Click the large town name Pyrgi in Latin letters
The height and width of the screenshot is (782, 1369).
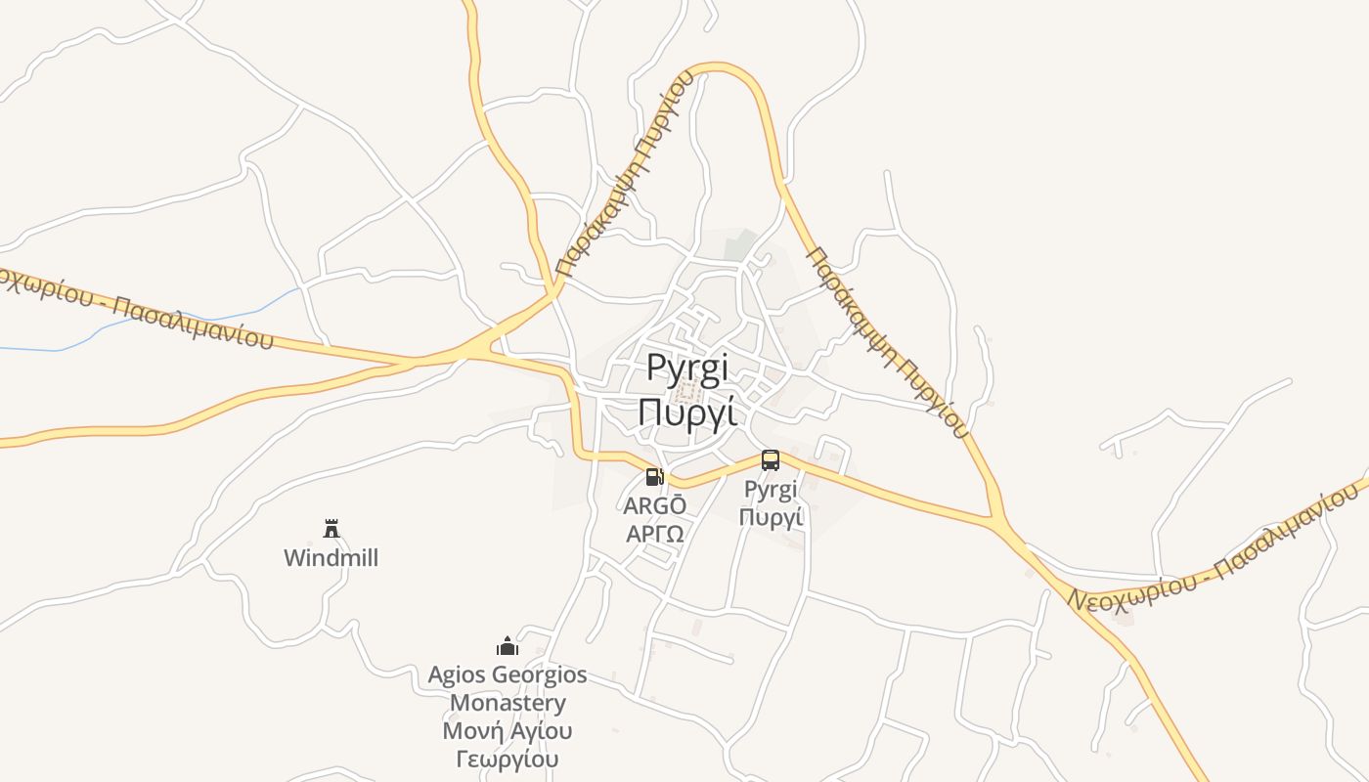coord(687,369)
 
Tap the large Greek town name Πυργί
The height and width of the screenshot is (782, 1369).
coord(686,412)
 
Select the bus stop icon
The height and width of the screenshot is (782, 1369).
coord(771,460)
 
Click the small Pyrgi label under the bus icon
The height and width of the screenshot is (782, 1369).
coord(771,489)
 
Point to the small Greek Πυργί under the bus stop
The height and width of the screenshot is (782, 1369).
coord(771,516)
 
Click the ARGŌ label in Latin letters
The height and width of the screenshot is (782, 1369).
coord(655,505)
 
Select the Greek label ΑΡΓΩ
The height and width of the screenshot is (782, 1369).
coord(655,534)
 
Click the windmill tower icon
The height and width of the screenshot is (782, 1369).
coord(331,529)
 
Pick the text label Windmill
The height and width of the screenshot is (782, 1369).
coord(331,558)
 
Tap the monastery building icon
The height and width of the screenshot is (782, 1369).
coord(508,646)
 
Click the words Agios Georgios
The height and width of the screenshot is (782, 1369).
coord(508,674)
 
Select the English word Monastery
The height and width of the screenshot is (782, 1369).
coord(508,703)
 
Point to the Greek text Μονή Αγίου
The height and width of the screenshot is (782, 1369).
coord(508,731)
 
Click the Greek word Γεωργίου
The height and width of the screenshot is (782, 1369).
coord(508,759)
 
